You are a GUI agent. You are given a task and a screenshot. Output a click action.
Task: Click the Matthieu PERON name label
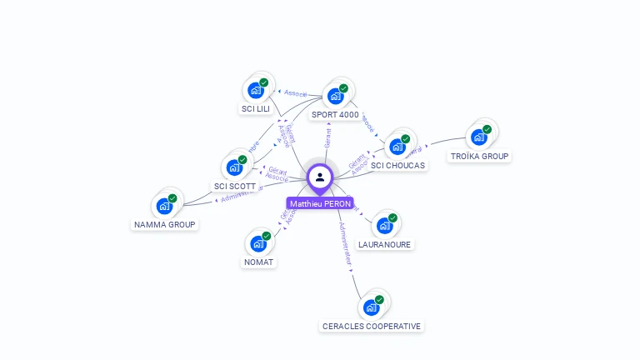(x=320, y=203)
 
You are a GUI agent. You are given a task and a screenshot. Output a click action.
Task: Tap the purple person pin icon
(x=320, y=177)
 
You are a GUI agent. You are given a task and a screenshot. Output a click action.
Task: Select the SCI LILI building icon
(x=256, y=90)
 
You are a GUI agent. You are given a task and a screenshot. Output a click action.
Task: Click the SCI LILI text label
(x=256, y=108)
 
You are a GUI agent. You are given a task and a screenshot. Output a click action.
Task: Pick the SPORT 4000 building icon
(x=335, y=96)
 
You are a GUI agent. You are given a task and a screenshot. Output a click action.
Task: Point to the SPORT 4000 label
(x=335, y=114)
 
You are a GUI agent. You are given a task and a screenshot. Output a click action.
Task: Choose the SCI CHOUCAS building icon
(x=397, y=147)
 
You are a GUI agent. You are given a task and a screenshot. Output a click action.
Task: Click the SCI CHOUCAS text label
(x=398, y=165)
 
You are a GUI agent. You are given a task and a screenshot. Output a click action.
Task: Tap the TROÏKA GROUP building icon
(x=478, y=137)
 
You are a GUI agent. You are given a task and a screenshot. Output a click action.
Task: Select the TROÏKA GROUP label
(x=479, y=156)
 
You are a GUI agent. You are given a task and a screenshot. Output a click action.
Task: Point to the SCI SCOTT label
(x=235, y=186)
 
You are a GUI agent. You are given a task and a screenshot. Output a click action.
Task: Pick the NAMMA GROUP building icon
(x=164, y=206)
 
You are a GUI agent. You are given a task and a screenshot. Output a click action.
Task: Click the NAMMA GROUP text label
(x=165, y=224)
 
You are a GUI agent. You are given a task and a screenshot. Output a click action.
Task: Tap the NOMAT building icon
(x=258, y=243)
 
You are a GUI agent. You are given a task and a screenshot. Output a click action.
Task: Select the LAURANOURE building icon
(x=384, y=226)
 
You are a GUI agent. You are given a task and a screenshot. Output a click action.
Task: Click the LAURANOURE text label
(x=384, y=244)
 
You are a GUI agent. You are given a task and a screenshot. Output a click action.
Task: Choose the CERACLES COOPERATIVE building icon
(x=371, y=307)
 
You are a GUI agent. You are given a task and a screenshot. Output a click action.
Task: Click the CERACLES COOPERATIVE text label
(x=372, y=326)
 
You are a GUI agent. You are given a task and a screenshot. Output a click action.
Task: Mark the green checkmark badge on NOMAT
(x=267, y=236)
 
